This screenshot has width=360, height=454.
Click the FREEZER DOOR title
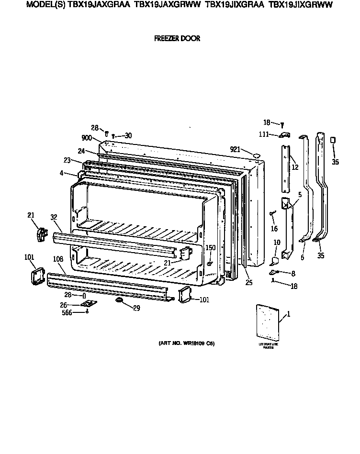[x=177, y=39]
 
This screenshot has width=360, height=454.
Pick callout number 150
[x=210, y=247]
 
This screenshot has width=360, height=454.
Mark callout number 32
[x=54, y=217]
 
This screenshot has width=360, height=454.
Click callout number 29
[x=136, y=308]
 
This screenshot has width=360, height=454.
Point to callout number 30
[x=128, y=135]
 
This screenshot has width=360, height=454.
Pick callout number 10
[x=277, y=243]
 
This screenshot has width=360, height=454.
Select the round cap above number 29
[x=119, y=299]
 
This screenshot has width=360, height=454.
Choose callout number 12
[x=295, y=167]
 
